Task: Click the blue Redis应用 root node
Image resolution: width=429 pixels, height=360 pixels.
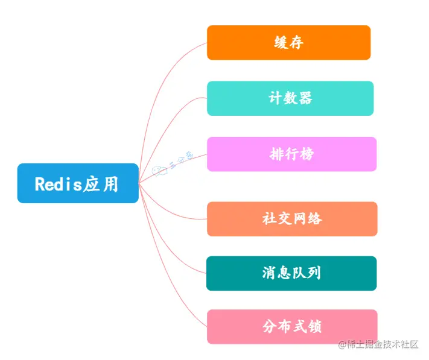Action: [78, 183]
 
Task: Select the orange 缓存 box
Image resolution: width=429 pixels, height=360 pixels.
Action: [288, 43]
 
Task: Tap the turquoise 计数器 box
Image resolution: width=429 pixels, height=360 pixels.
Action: [290, 98]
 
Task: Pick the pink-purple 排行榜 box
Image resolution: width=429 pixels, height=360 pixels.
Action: [291, 154]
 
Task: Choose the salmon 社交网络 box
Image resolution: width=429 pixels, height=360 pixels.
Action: [292, 219]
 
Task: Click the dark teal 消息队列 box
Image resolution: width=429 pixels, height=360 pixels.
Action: [291, 273]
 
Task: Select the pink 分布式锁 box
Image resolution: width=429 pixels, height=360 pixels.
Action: [292, 327]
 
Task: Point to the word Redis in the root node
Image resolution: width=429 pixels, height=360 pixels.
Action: [58, 184]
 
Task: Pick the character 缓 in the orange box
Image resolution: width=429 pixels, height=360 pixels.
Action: [281, 43]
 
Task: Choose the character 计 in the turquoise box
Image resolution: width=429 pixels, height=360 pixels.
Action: [275, 98]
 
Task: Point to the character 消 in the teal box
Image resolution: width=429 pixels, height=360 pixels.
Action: [269, 273]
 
